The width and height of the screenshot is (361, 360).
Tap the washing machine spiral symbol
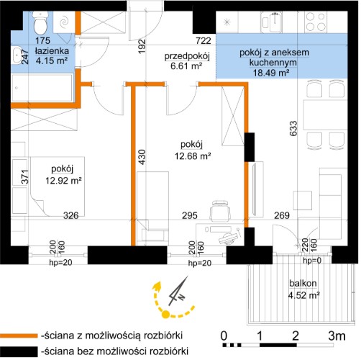[64, 22]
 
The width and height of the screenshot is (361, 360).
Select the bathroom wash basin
[17, 55]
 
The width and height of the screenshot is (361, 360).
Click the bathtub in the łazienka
[42, 88]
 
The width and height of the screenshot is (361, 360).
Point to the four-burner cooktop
[316, 22]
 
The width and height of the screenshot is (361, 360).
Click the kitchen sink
[272, 22]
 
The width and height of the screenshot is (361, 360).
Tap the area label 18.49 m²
[271, 73]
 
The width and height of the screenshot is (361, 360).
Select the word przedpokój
[187, 56]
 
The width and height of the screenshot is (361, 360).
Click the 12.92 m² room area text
[63, 180]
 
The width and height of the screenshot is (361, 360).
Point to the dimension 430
[142, 157]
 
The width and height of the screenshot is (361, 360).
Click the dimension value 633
[293, 128]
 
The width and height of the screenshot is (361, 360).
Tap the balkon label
[303, 284]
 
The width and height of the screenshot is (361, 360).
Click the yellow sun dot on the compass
[165, 314]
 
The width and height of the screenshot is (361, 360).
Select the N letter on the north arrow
[181, 297]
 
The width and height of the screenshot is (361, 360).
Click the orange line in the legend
[19, 336]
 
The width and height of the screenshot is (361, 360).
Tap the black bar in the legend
[19, 351]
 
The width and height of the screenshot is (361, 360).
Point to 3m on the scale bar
[337, 336]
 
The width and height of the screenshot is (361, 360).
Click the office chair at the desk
[220, 210]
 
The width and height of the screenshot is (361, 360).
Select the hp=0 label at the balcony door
[312, 261]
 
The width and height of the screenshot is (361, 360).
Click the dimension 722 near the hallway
[204, 41]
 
